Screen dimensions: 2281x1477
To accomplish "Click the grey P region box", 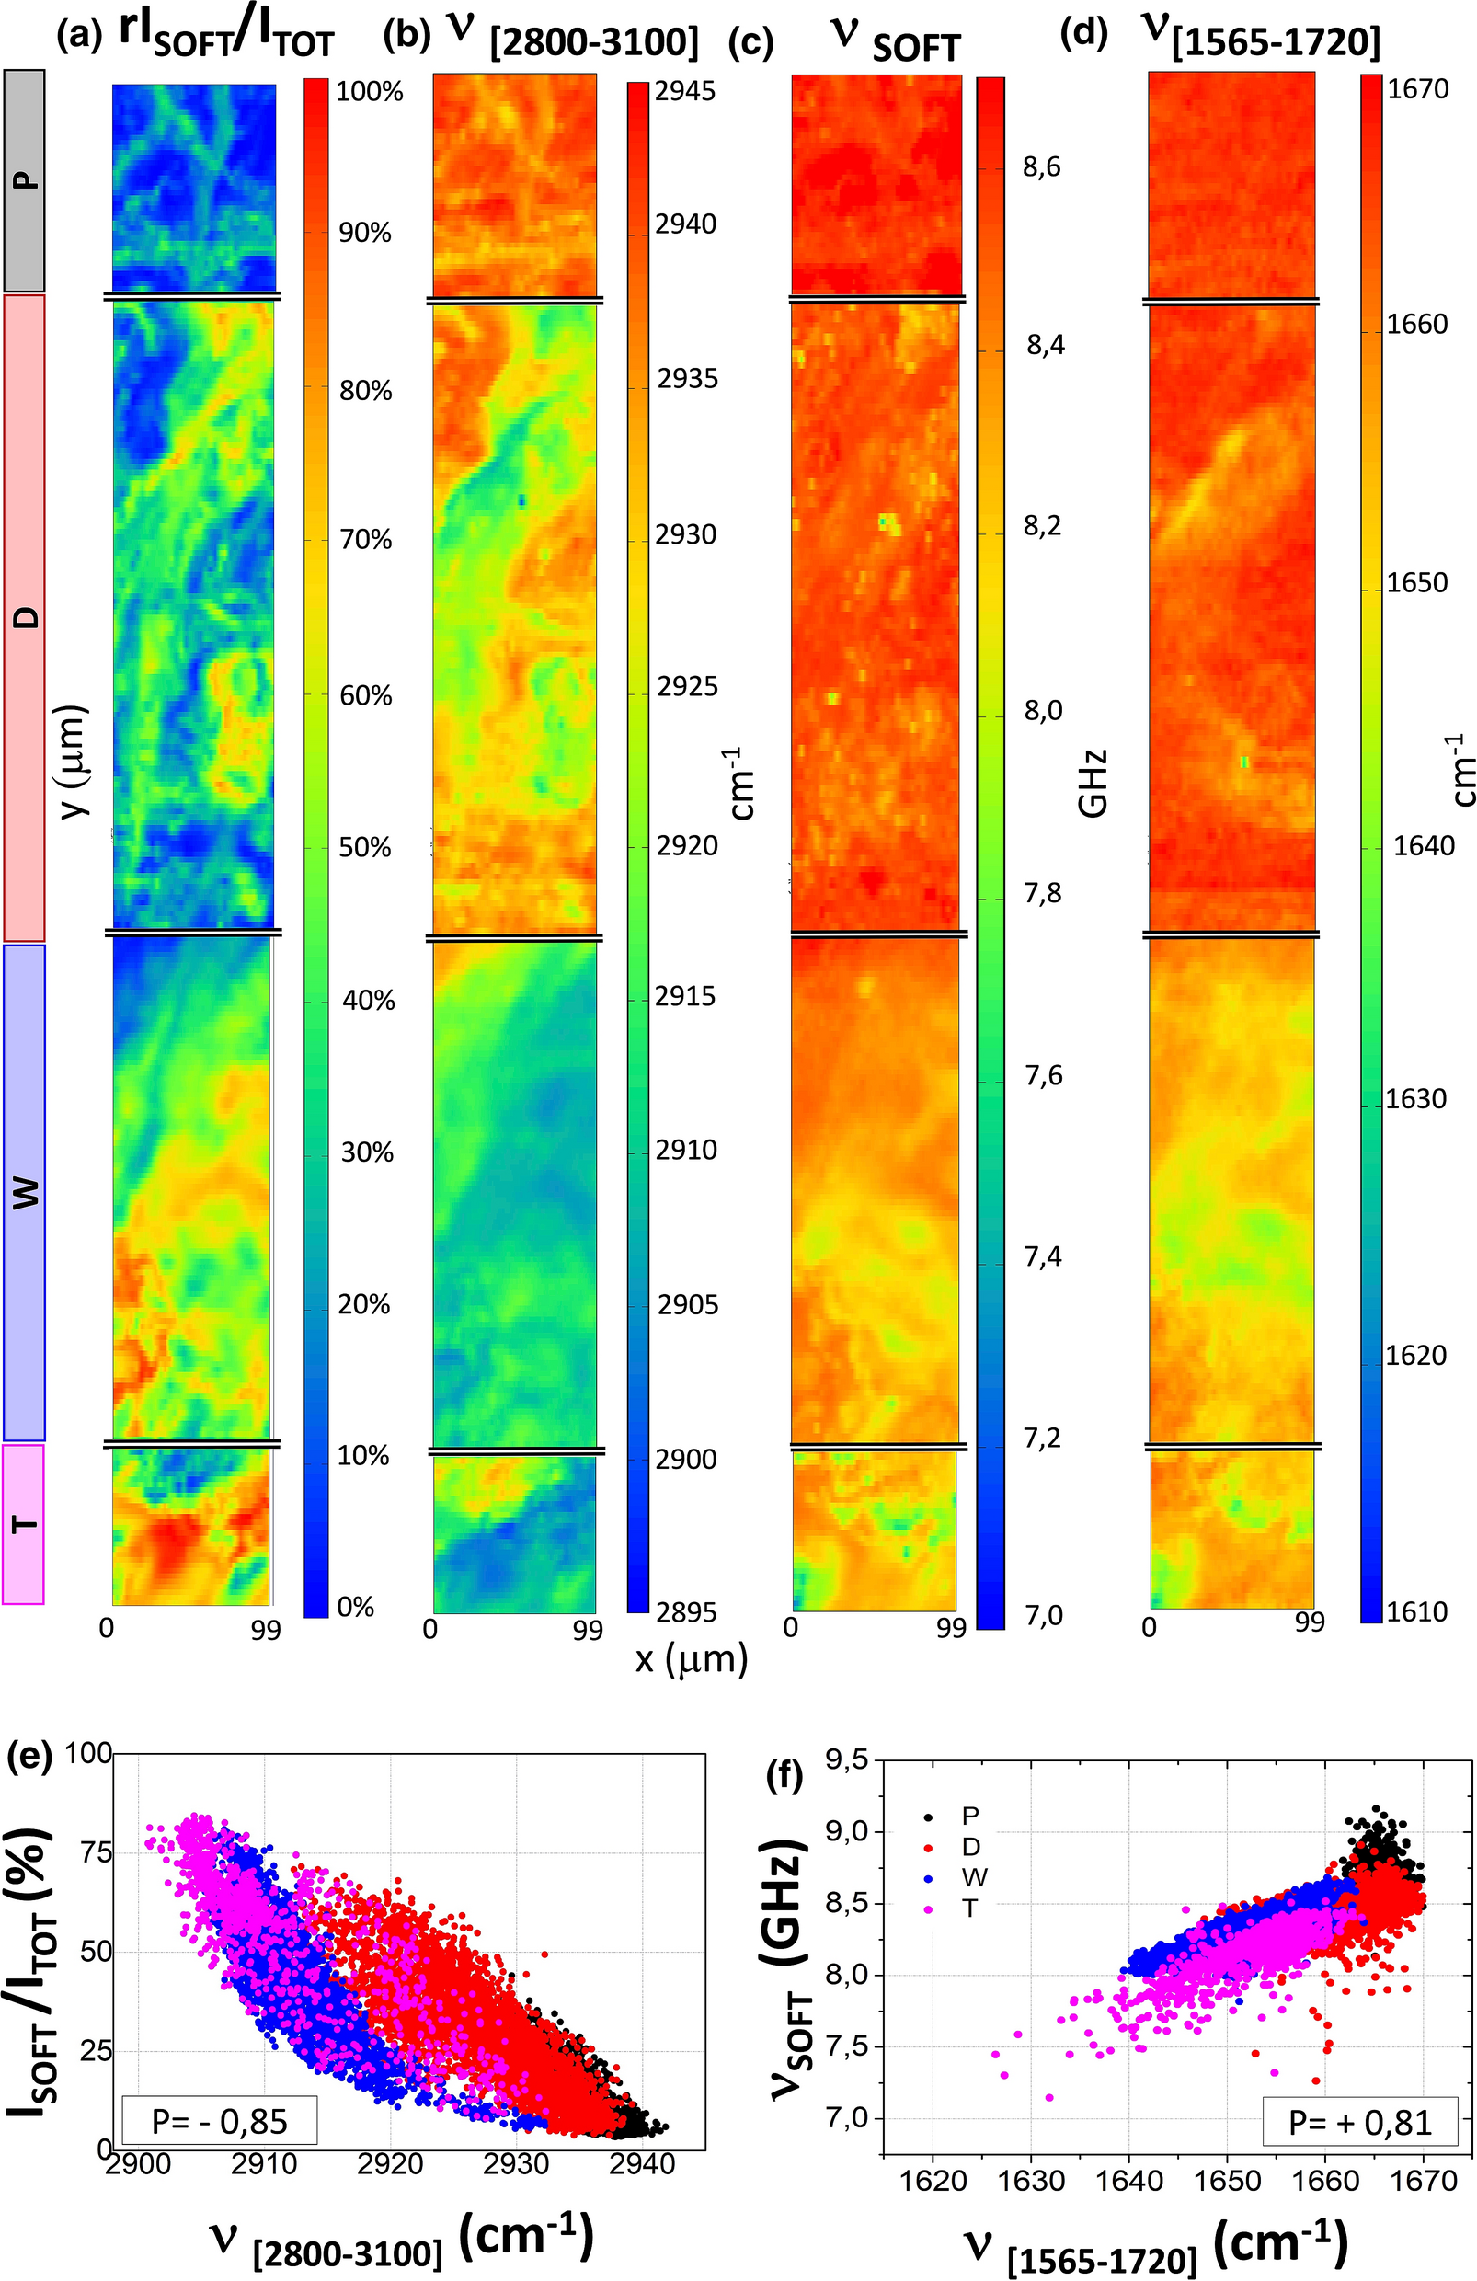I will click(x=25, y=180).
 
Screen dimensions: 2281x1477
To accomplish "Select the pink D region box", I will click(x=25, y=617).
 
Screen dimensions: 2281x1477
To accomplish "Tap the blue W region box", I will click(x=25, y=1191).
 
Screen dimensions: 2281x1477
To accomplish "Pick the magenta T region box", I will click(x=23, y=1523).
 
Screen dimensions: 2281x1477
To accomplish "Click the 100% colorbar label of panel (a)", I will click(x=369, y=92).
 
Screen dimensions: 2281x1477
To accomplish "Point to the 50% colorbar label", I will click(x=365, y=847).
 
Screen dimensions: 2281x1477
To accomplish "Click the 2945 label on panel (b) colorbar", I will click(x=684, y=91).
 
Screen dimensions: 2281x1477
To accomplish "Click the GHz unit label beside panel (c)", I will click(x=1093, y=783).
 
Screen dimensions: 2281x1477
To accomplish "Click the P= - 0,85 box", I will click(x=220, y=2120).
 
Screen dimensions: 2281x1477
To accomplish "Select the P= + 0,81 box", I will click(x=1359, y=2122).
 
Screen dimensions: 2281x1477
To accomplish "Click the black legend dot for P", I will click(x=928, y=1817).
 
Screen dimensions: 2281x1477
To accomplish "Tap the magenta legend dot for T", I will click(x=928, y=1908).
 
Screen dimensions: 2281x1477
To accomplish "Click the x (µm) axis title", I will click(x=690, y=1657).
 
